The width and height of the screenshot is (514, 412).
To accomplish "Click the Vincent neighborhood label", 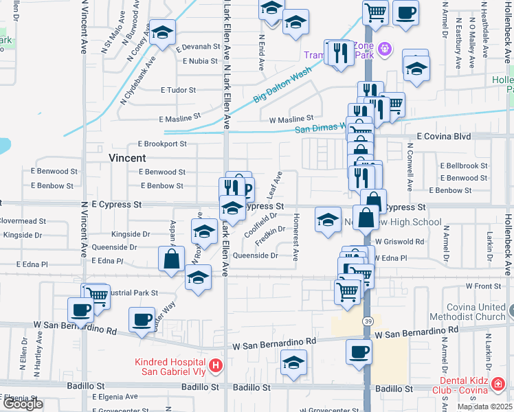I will pyautogui.click(x=127, y=158).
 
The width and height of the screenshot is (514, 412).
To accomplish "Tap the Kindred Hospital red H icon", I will pyautogui.click(x=215, y=366).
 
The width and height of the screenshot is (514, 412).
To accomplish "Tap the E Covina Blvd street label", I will pyautogui.click(x=440, y=137).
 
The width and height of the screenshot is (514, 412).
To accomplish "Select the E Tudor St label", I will pyautogui.click(x=178, y=90).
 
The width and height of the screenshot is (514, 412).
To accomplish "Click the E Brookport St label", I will pyautogui.click(x=162, y=144).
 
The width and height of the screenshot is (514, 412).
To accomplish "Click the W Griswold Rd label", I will pyautogui.click(x=399, y=242).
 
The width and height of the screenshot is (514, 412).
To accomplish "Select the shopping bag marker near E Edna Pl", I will pyautogui.click(x=171, y=259).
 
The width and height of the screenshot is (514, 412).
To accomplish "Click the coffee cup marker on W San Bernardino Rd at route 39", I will pyautogui.click(x=358, y=352).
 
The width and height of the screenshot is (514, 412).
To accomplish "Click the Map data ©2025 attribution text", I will pyautogui.click(x=484, y=407).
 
